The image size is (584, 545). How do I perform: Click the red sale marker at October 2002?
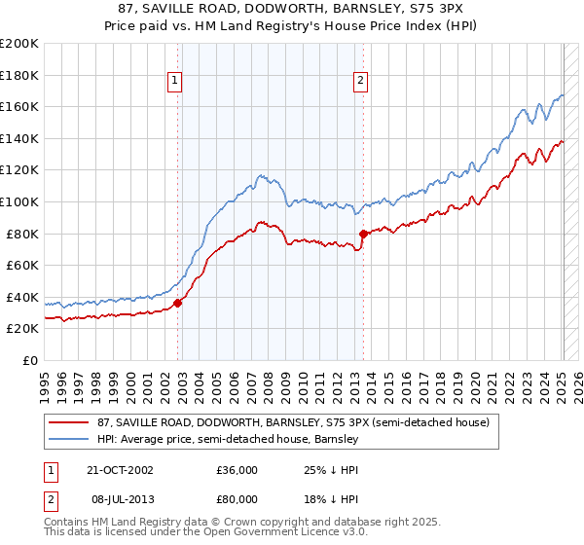tap(178, 303)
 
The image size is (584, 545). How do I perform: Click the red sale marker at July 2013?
tap(363, 234)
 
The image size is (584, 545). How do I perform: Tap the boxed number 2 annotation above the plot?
tap(360, 82)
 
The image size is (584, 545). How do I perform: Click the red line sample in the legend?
tap(69, 422)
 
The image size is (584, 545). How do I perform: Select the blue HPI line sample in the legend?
tap(69, 439)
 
